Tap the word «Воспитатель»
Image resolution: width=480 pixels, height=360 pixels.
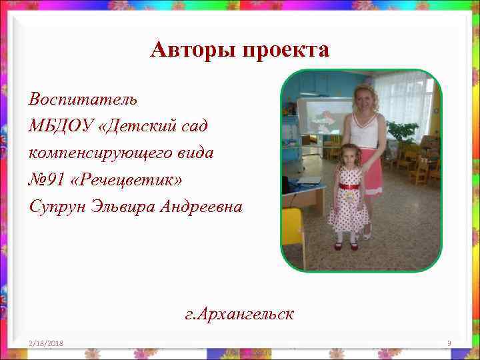(83, 99)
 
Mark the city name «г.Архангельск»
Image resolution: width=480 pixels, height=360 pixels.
(239, 313)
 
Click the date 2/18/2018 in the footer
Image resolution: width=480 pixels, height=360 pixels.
(46, 343)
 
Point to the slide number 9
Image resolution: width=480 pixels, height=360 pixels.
(449, 343)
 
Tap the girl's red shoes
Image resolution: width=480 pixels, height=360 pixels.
(346, 246)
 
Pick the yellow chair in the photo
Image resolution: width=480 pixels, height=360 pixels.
(292, 227)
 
